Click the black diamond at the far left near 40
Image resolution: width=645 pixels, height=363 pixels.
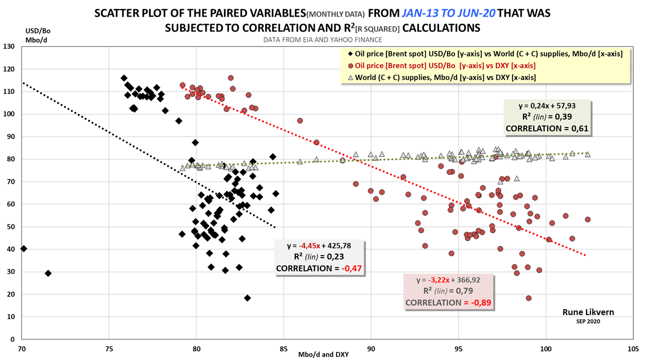[24, 249]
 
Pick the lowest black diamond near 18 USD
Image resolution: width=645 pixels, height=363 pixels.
[247, 298]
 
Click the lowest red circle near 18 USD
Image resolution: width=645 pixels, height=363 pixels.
[529, 298]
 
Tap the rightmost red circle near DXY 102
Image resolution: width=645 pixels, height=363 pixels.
[588, 219]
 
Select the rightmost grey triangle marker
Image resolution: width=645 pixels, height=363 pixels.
[588, 155]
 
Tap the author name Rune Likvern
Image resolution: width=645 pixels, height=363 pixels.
[588, 313]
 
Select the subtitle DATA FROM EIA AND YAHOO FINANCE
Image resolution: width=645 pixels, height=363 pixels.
[322, 39]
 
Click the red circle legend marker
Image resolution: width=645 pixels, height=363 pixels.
[350, 66]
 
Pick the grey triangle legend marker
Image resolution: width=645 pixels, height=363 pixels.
[350, 77]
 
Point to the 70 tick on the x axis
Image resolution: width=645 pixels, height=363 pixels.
[22, 348]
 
